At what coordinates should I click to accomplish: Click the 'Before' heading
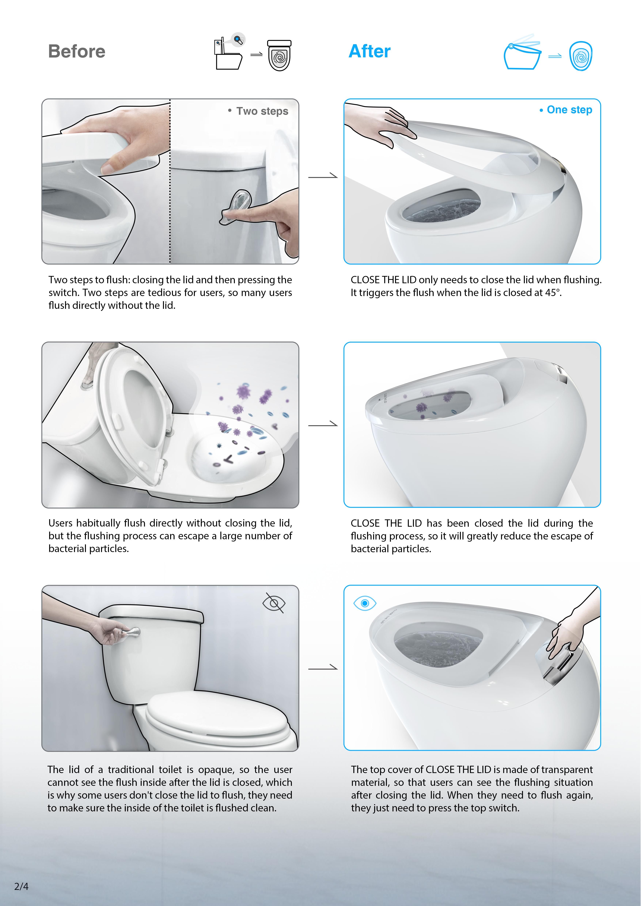[x=77, y=51]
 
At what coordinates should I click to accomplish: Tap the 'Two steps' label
[x=262, y=111]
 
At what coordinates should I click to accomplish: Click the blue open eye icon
[x=365, y=603]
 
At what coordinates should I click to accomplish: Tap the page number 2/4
[x=21, y=886]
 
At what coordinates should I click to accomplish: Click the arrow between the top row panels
[x=323, y=176]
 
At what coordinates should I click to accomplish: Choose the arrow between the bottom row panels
[x=323, y=668]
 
